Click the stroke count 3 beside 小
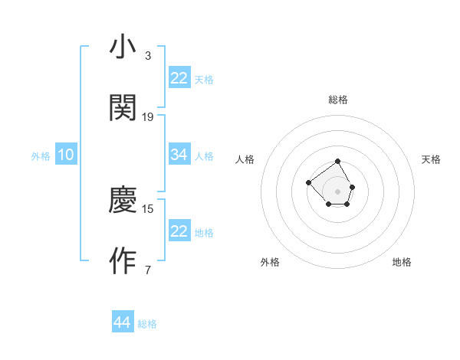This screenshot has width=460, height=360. point(147,56)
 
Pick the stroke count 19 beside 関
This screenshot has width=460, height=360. point(148,116)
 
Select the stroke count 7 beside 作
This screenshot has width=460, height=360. point(147,270)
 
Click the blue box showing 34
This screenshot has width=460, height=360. point(179,155)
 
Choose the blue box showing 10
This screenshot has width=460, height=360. point(66,155)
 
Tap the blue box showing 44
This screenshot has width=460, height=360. point(122,322)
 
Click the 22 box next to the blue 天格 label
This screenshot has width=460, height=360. point(179,78)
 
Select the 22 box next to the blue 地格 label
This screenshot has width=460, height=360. point(179,231)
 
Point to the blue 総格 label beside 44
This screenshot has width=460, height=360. point(147,324)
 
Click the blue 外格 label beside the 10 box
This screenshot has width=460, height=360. point(41,156)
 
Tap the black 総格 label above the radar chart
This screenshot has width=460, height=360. point(338,100)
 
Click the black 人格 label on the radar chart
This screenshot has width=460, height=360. point(245,159)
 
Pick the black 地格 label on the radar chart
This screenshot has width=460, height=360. point(402,262)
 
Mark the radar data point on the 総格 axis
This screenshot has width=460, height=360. point(337,162)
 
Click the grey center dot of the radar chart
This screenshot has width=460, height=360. point(337,191)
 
